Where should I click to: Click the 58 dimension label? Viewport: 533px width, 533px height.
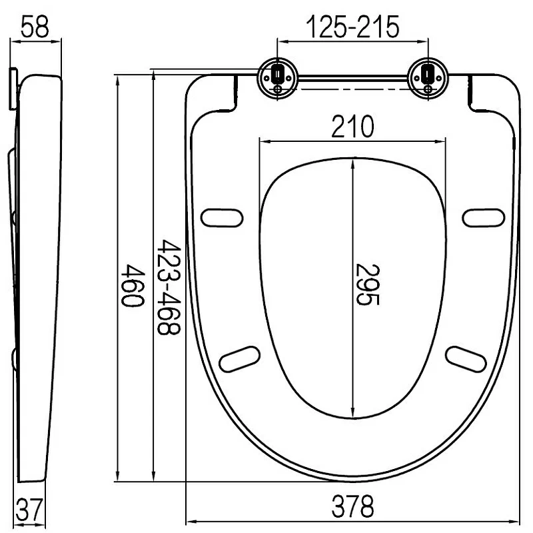point(35,27)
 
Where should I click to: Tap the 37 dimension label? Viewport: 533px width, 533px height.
point(30,510)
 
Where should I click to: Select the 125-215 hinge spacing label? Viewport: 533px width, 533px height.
point(352,27)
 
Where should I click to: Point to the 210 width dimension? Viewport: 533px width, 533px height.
point(352,127)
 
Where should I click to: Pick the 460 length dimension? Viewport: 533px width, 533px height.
point(133,286)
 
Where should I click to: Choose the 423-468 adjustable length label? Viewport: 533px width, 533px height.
point(169,287)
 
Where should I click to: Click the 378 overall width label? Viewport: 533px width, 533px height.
point(352,506)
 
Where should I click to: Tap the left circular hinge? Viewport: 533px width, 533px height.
point(278,78)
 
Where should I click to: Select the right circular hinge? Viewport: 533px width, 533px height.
point(428,78)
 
